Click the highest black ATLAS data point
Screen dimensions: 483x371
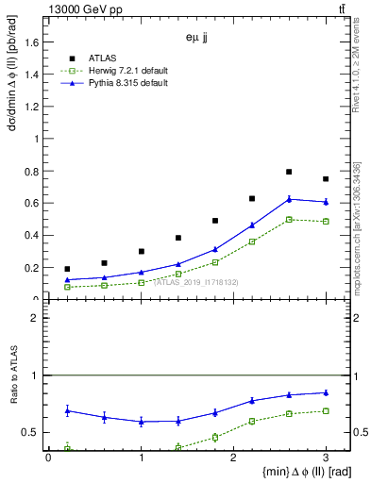289,172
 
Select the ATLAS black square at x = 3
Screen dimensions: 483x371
326,179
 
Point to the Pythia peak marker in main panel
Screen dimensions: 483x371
289,199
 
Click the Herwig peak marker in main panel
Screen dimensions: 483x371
289,219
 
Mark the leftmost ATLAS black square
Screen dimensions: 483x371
67,269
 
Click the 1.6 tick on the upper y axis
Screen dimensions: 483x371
37,42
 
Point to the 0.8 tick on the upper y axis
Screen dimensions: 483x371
37,171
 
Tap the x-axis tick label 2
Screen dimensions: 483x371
233,458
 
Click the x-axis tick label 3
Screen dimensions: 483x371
326,458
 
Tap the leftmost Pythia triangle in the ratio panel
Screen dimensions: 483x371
67,410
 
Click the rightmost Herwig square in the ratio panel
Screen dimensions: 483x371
326,410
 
